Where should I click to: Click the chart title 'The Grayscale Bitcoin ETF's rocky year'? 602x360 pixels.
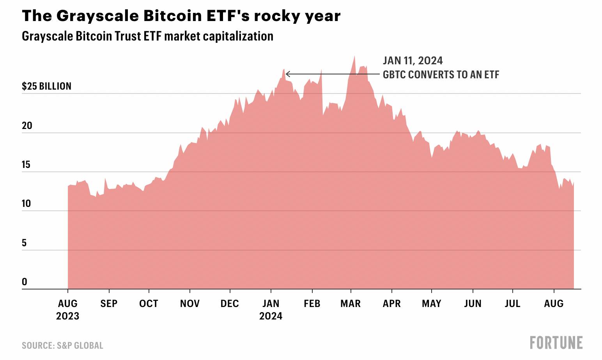point(181,16)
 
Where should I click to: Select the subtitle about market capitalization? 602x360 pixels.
point(147,36)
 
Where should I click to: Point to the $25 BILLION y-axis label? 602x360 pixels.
point(46,86)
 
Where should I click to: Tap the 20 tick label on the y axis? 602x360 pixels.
point(27,125)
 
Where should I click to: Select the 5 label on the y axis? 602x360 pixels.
point(24,243)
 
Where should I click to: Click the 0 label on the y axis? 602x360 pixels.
point(24,282)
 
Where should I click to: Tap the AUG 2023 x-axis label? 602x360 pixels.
point(67,309)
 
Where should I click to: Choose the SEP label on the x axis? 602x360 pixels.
point(109,304)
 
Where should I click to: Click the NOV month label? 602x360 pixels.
point(189,304)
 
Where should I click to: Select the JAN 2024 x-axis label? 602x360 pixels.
point(271,309)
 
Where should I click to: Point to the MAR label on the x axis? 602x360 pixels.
point(351,304)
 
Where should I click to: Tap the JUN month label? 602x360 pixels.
point(473,304)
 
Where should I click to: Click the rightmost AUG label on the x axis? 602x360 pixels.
point(554,304)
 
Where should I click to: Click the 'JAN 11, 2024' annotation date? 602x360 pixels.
point(413,61)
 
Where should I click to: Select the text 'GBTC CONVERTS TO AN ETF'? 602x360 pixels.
point(441,75)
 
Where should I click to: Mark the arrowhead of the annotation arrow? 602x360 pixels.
point(287,74)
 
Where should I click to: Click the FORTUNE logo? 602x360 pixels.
point(556,343)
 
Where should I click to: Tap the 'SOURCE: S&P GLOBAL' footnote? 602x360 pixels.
point(62,346)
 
